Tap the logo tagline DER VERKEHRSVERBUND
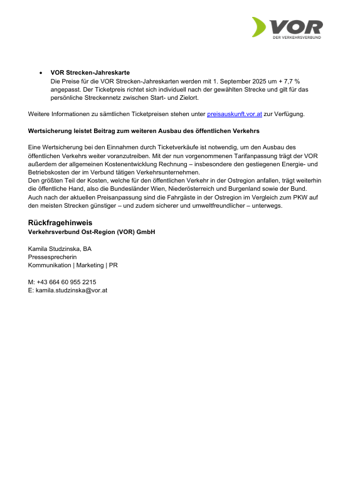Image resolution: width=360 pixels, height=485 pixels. click(297, 38)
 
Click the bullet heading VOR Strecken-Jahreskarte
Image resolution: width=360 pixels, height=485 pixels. click(90, 73)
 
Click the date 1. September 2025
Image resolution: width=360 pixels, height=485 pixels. click(241, 82)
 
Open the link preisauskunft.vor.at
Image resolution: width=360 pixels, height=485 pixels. click(234, 114)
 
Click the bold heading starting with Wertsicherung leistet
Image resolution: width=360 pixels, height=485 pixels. click(144, 131)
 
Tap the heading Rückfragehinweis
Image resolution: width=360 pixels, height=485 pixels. click(60, 223)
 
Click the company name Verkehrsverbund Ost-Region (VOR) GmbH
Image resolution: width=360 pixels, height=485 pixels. click(92, 232)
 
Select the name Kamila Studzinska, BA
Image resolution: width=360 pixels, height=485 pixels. click(60, 248)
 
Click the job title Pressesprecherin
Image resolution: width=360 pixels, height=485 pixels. click(53, 257)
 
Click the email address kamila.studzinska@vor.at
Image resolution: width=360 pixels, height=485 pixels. click(71, 290)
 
